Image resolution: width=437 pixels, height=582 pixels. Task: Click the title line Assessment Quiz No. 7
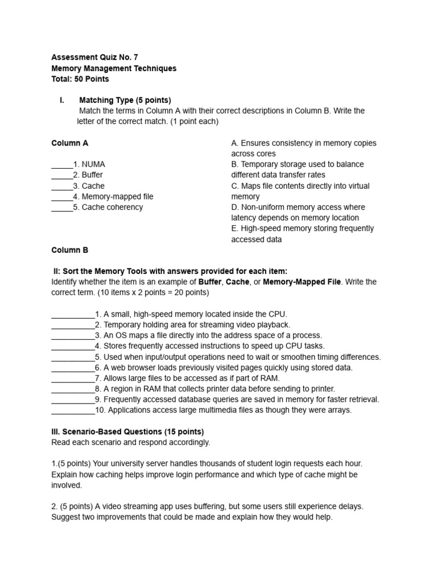tap(94, 57)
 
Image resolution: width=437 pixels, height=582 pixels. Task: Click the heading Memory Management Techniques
tap(114, 68)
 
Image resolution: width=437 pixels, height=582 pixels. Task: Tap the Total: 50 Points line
tap(80, 79)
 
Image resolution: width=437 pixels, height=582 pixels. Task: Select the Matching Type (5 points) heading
tap(125, 100)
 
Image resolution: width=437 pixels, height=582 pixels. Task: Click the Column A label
tap(70, 143)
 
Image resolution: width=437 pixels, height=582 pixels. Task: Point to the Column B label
tap(70, 250)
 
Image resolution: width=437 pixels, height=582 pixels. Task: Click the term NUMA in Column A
tap(93, 164)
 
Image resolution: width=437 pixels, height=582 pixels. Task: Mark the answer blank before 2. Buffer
tap(62, 175)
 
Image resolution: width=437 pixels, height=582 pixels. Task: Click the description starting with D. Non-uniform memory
tap(298, 213)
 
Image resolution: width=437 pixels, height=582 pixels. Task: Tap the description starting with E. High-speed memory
tap(302, 234)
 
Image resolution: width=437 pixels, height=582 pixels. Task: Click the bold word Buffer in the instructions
tap(210, 282)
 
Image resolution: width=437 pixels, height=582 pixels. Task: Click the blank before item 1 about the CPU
tap(73, 314)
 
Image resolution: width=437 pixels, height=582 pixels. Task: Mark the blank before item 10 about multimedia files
tap(73, 410)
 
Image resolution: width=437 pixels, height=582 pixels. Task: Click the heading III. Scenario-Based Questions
tap(127, 431)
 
